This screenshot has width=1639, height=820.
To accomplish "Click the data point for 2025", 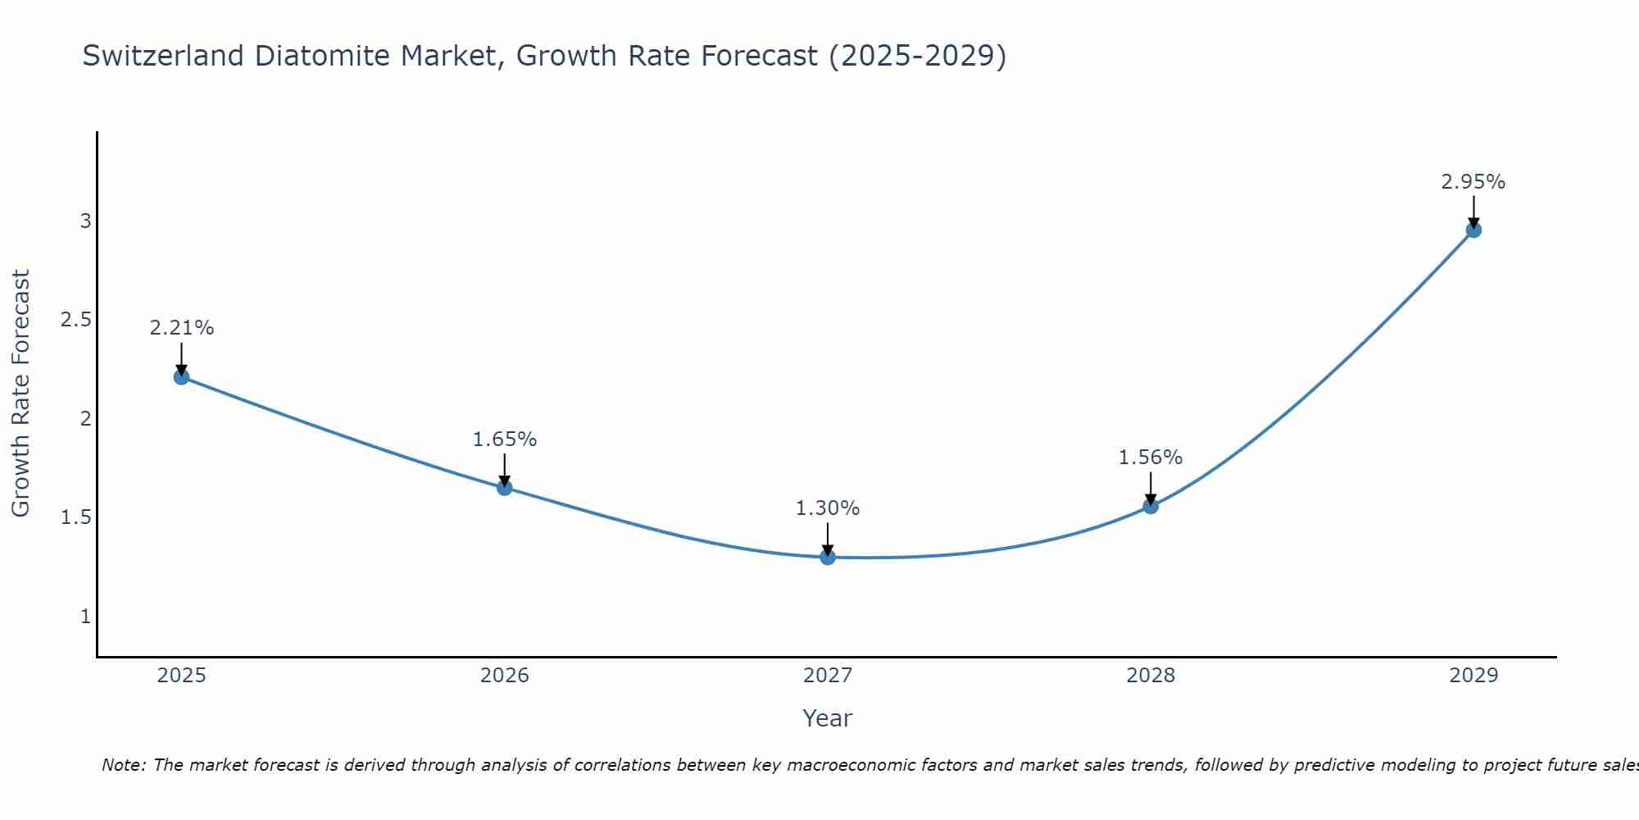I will tap(181, 377).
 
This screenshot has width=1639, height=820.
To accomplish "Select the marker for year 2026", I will tap(505, 488).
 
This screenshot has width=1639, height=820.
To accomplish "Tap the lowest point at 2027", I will tap(828, 557).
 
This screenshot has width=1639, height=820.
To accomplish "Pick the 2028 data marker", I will tap(1151, 506).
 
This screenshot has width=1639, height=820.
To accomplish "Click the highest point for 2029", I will tap(1473, 230).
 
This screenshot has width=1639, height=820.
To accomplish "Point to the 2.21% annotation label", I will tap(181, 328).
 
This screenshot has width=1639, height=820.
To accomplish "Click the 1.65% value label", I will tap(505, 440).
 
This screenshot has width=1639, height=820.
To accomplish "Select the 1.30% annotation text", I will tap(828, 508).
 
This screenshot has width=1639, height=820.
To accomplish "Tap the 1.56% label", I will tap(1151, 458).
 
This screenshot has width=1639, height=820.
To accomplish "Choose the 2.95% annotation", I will tap(1473, 182).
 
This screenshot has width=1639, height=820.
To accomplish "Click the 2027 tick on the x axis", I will tap(828, 676).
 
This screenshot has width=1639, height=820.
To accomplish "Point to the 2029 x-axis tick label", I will tap(1473, 676).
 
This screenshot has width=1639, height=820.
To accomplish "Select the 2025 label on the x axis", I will tap(181, 676).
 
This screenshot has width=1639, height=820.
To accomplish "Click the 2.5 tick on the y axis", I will tap(76, 320).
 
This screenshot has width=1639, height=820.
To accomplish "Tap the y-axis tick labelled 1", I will tap(85, 616).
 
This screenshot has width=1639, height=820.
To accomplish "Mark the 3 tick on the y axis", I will tap(85, 221).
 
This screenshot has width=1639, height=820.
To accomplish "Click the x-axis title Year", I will tap(828, 718).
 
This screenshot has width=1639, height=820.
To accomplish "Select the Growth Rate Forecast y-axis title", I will tap(20, 394).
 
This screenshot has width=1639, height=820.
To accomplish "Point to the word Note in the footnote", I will tap(123, 765).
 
